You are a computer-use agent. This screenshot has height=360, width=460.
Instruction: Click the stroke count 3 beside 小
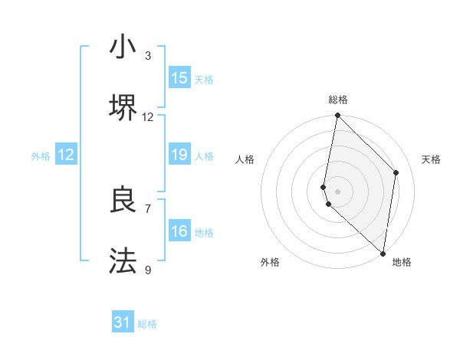click(x=148, y=55)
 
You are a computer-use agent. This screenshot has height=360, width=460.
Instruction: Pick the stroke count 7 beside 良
click(x=148, y=208)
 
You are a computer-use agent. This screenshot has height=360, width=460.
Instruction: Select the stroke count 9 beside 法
click(x=148, y=270)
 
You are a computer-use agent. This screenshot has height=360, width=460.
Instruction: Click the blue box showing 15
click(x=179, y=78)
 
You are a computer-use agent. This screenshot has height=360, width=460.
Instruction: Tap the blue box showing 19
click(x=179, y=155)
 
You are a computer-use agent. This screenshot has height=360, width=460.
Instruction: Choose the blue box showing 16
click(x=179, y=231)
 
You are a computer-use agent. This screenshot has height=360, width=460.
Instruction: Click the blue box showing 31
click(x=123, y=322)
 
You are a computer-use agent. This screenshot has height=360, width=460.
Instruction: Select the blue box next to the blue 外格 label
click(x=66, y=155)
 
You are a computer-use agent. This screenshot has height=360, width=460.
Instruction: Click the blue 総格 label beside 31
click(x=147, y=324)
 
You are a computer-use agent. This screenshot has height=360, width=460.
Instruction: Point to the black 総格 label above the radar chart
click(x=338, y=100)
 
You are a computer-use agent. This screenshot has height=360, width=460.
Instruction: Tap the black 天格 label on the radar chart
click(x=431, y=159)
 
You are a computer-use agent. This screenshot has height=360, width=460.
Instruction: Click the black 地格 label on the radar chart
click(x=402, y=262)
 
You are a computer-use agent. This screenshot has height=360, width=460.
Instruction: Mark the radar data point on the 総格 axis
click(x=338, y=116)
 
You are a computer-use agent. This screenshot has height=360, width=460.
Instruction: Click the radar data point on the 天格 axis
click(x=396, y=172)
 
